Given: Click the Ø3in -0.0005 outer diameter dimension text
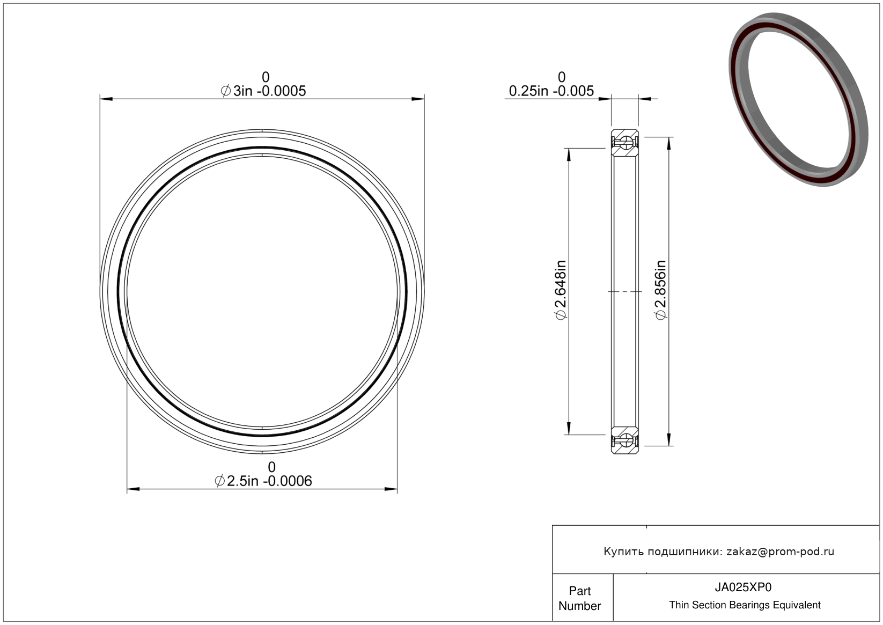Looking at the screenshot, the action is click(x=263, y=91).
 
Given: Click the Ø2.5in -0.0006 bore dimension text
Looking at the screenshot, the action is click(x=263, y=481).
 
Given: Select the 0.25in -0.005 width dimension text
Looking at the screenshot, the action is click(x=551, y=91).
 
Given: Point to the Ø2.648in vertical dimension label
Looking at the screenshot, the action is click(x=561, y=290).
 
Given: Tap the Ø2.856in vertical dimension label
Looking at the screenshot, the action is click(x=660, y=290).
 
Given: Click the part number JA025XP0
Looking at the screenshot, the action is click(x=743, y=587).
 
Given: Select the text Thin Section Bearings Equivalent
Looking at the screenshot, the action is click(x=745, y=605).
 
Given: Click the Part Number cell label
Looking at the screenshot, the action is click(x=579, y=598).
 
